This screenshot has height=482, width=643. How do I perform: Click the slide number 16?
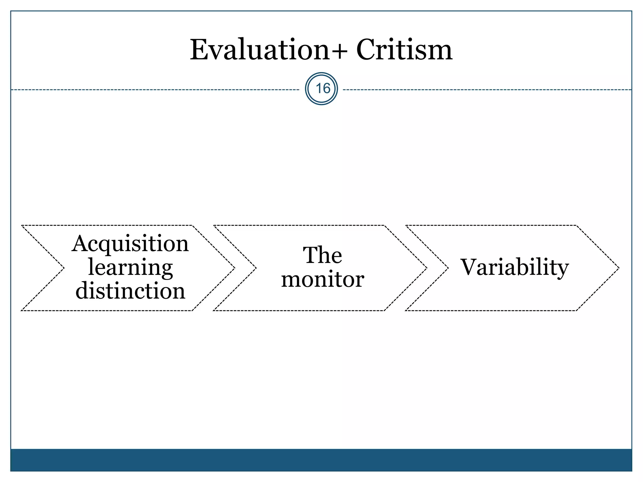321,89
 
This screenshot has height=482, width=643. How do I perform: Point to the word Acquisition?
130,244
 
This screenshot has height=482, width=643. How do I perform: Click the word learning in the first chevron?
130,268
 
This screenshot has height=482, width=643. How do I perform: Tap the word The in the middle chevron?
322,255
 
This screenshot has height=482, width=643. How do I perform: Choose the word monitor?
322,279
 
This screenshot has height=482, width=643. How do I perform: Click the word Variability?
514,267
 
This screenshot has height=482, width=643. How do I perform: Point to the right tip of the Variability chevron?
618,268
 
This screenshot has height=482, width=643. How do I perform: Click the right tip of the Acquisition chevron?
234,268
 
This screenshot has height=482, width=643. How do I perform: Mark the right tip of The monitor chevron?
426,268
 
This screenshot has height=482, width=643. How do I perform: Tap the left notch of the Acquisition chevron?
63,268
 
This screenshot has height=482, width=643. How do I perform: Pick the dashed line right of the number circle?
487,90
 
